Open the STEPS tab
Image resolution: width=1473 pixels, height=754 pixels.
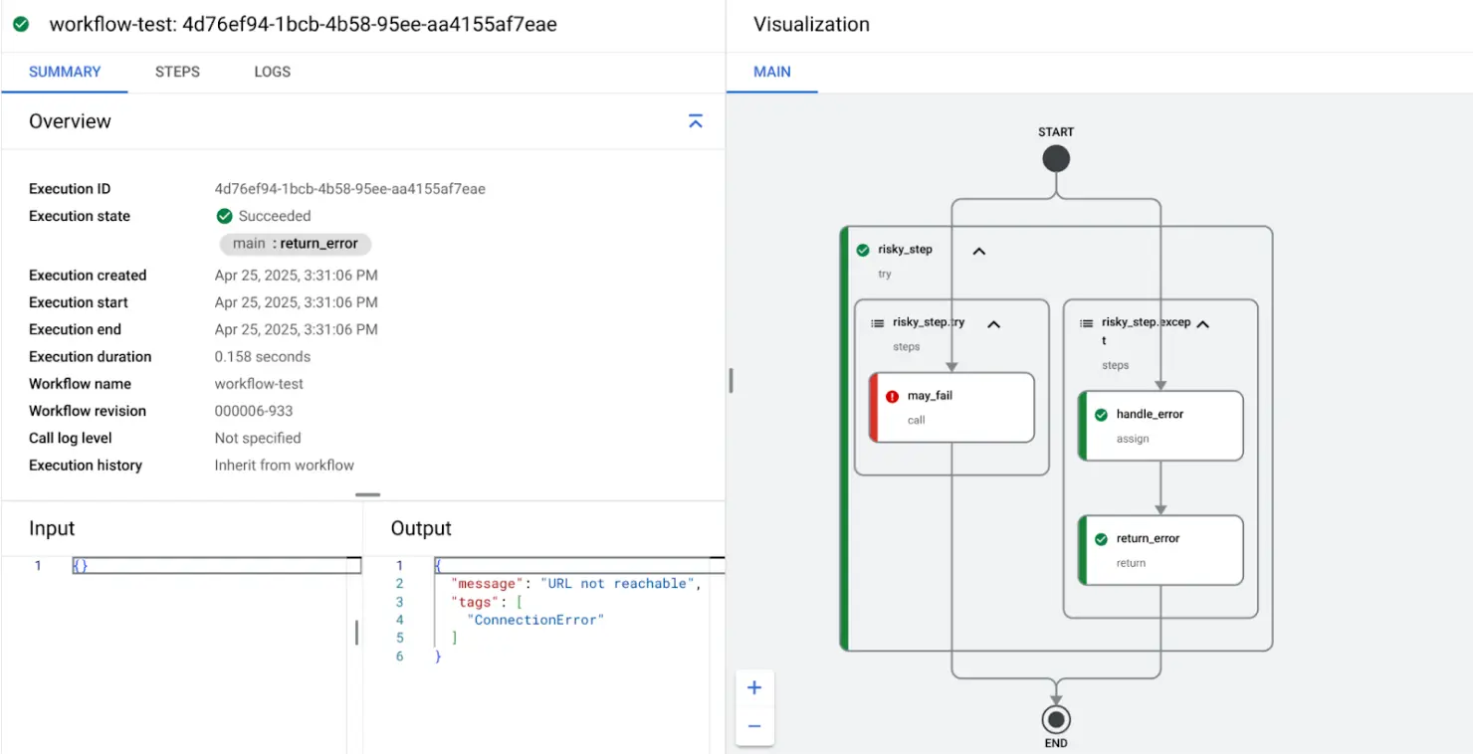pyautogui.click(x=177, y=72)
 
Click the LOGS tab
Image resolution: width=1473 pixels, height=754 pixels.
pyautogui.click(x=272, y=72)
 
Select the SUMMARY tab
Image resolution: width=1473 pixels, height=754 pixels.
pyautogui.click(x=65, y=72)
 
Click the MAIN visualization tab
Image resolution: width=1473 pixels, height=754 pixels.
pyautogui.click(x=772, y=72)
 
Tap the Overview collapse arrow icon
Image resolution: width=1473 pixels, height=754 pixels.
pyautogui.click(x=696, y=121)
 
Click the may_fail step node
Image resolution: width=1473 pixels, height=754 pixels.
pyautogui.click(x=951, y=407)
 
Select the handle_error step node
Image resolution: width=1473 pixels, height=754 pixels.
pyautogui.click(x=1160, y=426)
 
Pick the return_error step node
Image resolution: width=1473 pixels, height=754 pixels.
pyautogui.click(x=1160, y=550)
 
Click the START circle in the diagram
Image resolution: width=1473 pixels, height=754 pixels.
pyautogui.click(x=1056, y=159)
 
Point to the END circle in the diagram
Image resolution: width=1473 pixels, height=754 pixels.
pyautogui.click(x=1056, y=719)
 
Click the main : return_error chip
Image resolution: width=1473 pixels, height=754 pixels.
pyautogui.click(x=296, y=244)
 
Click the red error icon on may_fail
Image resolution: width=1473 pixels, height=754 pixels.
pyautogui.click(x=892, y=396)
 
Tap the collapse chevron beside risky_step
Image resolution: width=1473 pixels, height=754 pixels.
pyautogui.click(x=978, y=251)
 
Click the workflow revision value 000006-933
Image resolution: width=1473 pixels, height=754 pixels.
pyautogui.click(x=254, y=411)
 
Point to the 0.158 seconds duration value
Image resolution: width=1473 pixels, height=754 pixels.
pyautogui.click(x=263, y=356)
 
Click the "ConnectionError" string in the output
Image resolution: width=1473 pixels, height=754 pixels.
pyautogui.click(x=535, y=620)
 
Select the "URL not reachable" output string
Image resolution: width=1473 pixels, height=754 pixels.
pyautogui.click(x=613, y=583)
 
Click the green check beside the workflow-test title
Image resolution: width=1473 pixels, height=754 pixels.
pyautogui.click(x=21, y=24)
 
